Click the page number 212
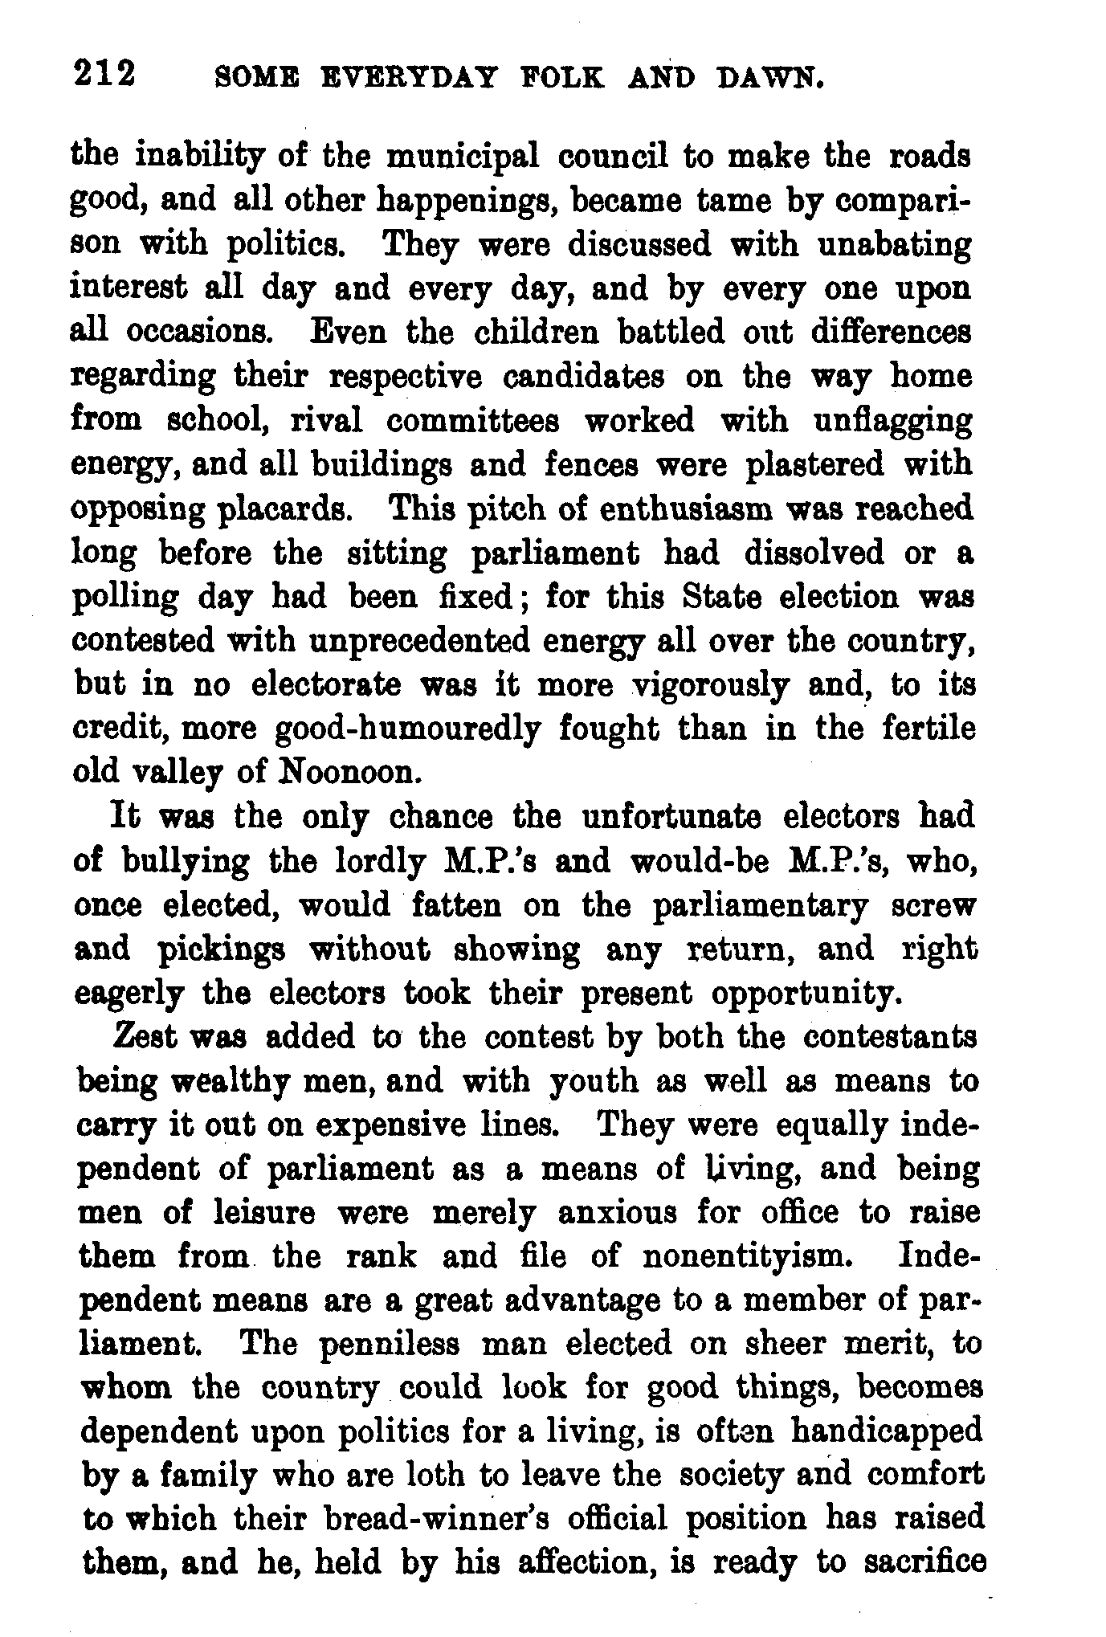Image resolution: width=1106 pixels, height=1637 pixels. (x=104, y=75)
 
